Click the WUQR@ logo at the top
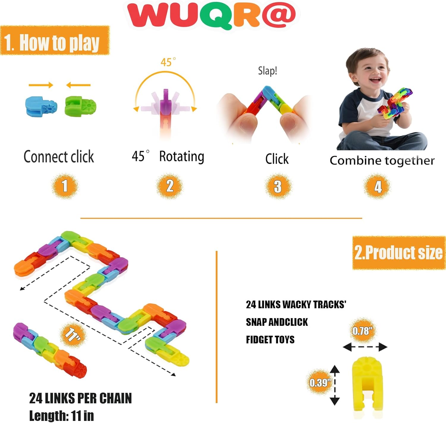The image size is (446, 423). point(211,15)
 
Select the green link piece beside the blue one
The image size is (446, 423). point(81,106)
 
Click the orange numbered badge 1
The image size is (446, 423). point(65,186)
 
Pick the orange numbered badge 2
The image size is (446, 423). point(169,186)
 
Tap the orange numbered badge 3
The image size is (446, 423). point(277,187)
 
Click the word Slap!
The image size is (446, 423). point(267,71)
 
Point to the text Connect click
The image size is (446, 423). point(59,157)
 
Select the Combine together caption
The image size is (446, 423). point(382,161)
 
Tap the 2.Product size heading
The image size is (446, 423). point(398,253)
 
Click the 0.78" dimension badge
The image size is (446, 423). point(362,331)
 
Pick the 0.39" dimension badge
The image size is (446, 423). point(320,382)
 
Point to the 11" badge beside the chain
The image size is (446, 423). point(73,334)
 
